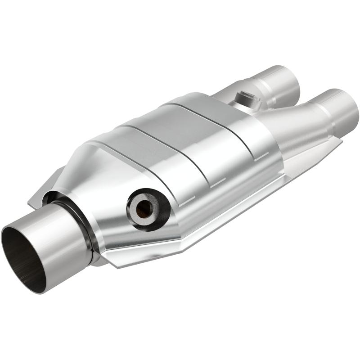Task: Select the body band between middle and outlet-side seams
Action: pos(220,148)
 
